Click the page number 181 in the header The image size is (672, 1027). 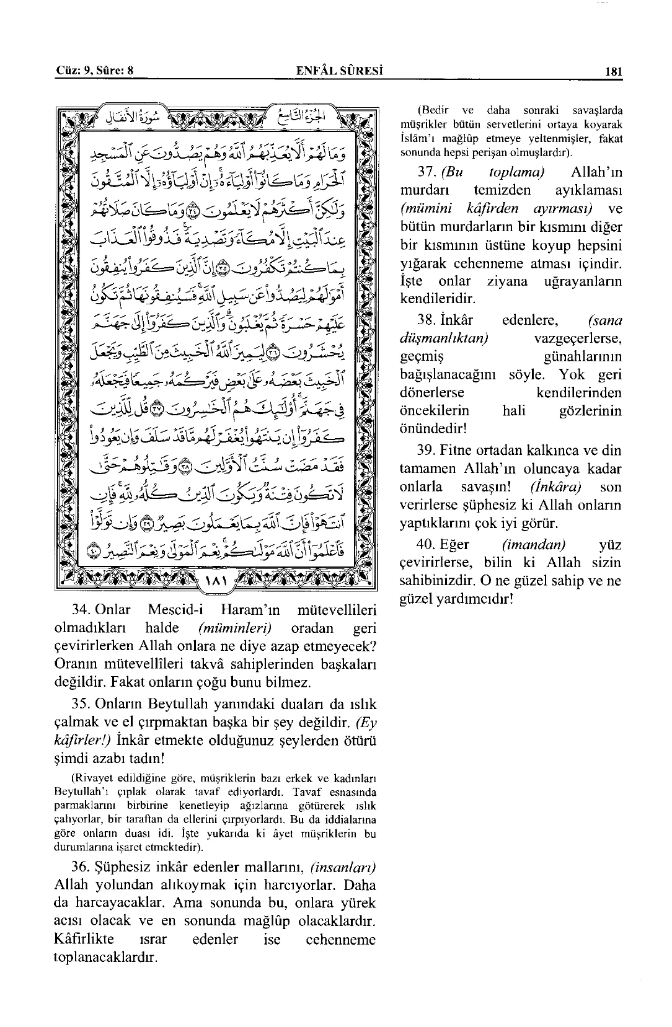coord(613,71)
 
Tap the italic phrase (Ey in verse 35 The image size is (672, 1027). coord(366,723)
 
